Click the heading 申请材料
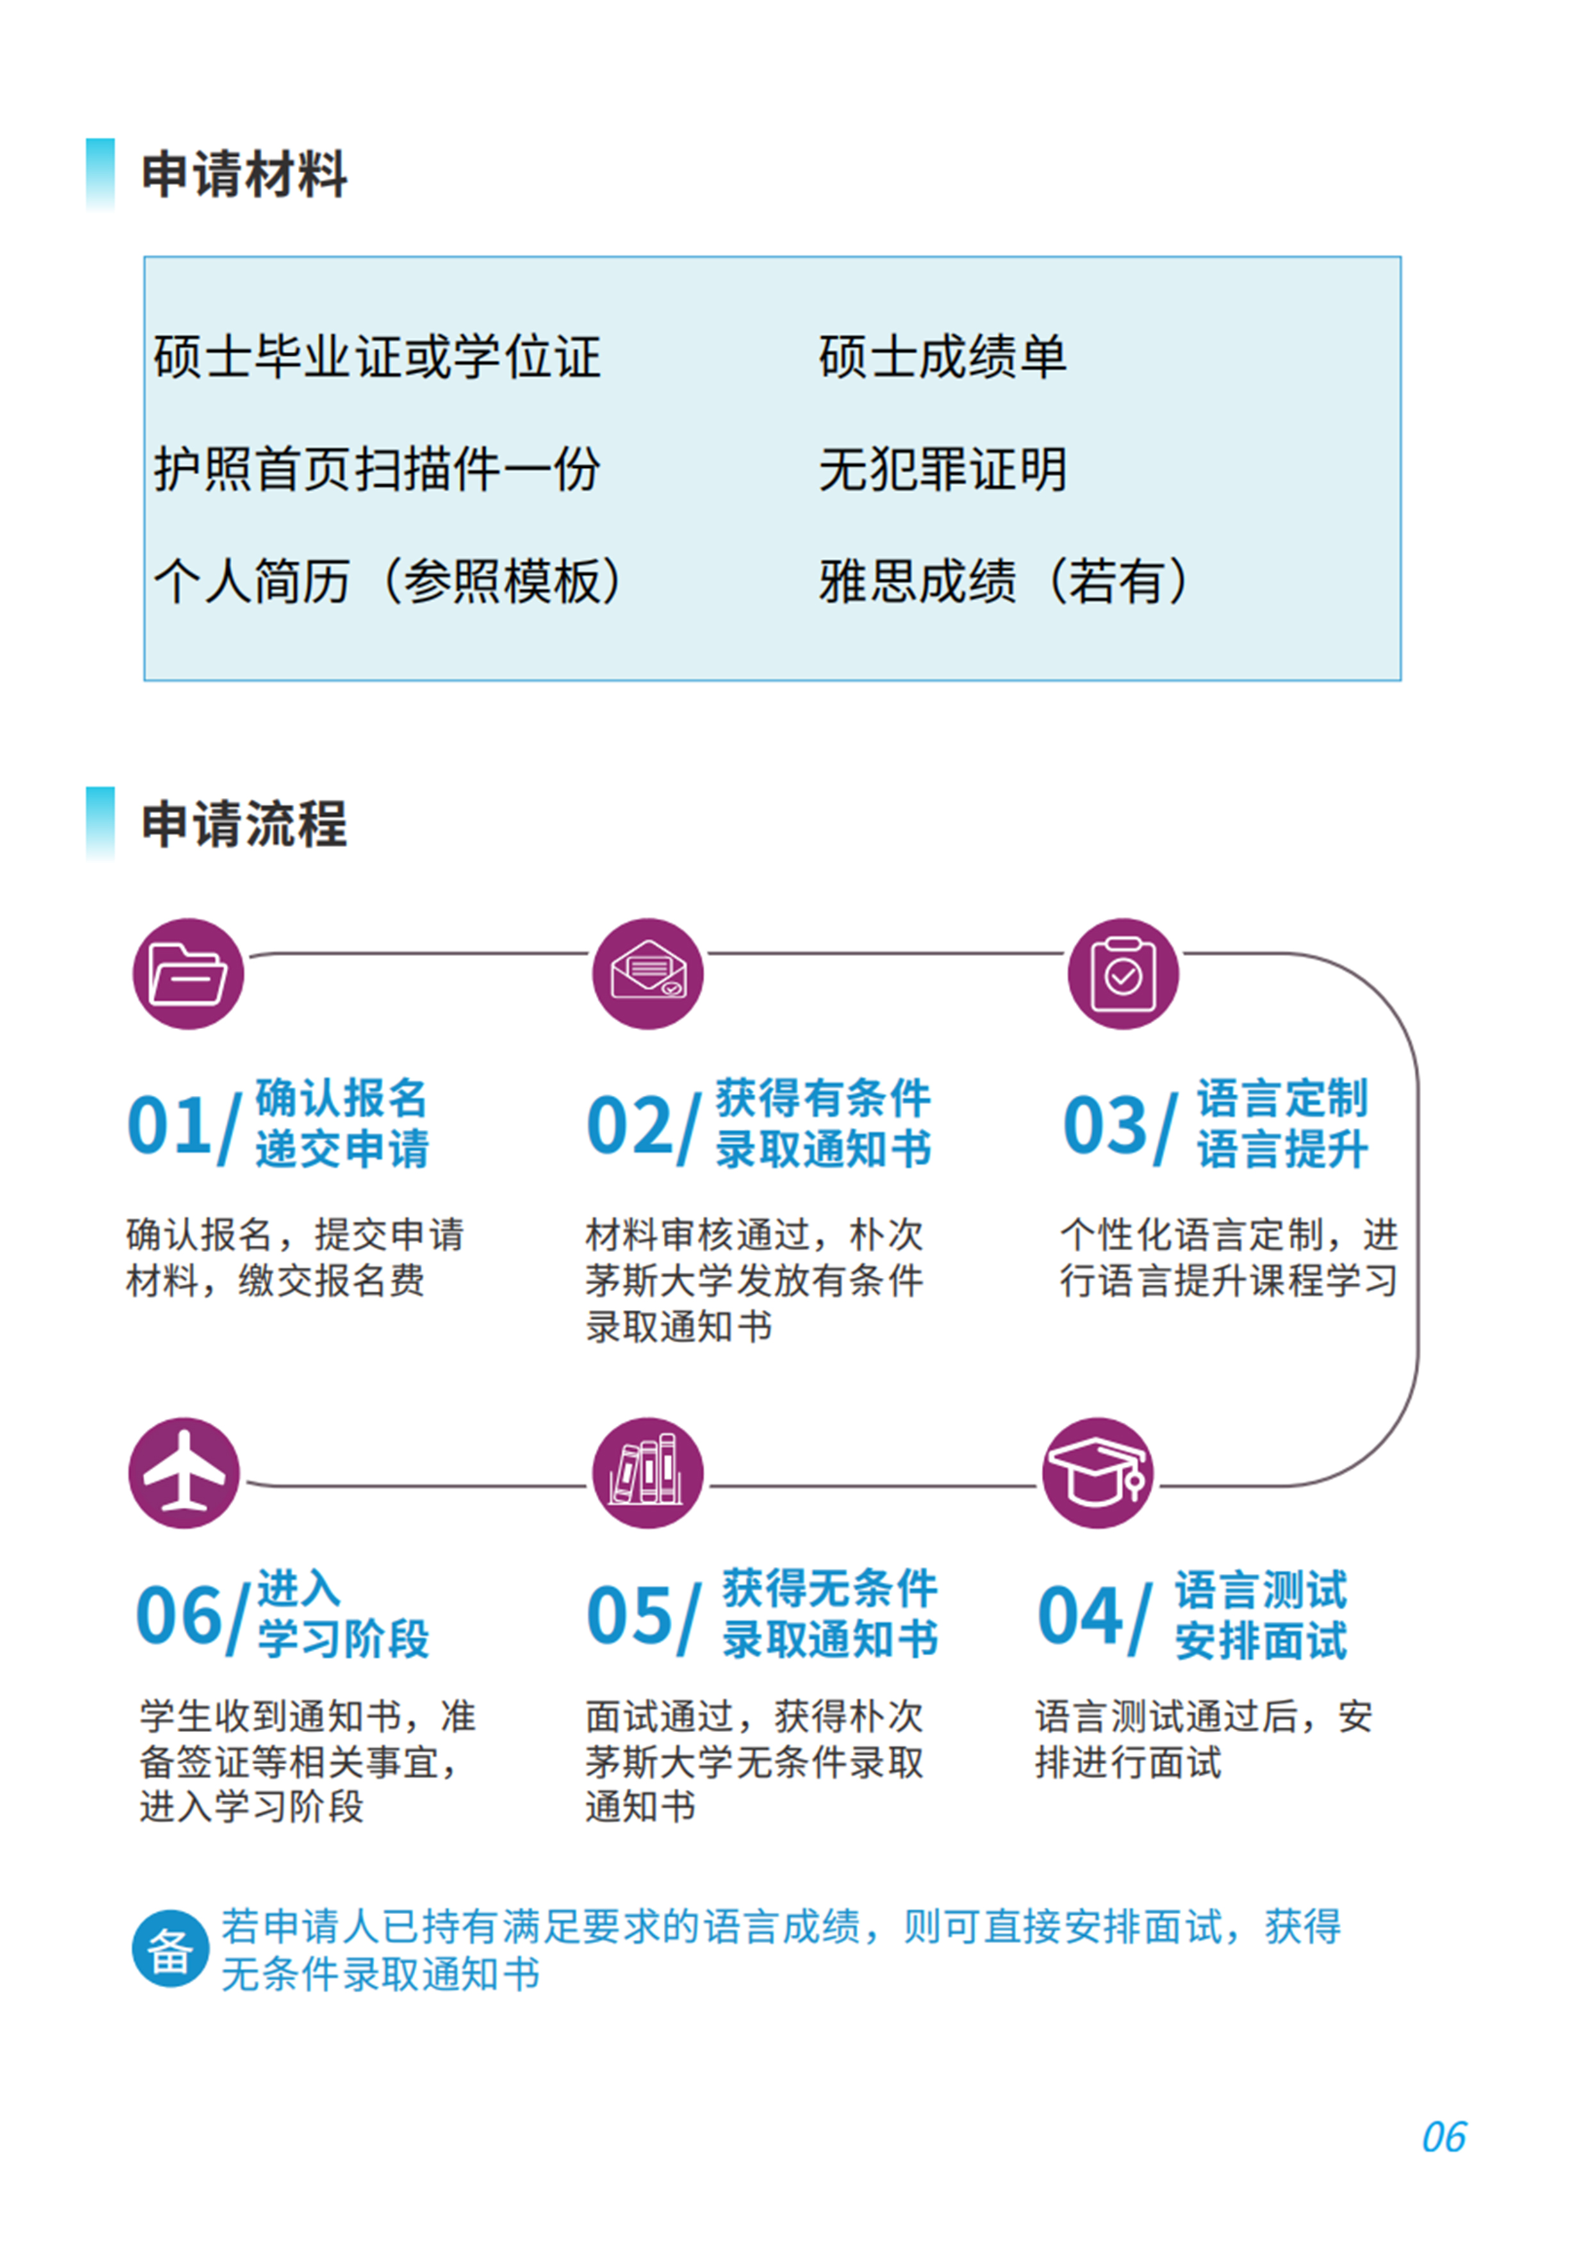[243, 174]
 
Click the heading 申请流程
[243, 823]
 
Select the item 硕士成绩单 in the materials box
[942, 356]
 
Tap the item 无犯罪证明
[942, 469]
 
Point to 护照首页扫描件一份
[377, 469]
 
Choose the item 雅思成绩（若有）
[1003, 582]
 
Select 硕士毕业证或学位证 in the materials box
[377, 356]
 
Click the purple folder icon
[188, 973]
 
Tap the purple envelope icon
[648, 973]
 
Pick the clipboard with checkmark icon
[1123, 973]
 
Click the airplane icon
[184, 1473]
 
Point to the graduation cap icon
[1098, 1473]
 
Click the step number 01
[169, 1125]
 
